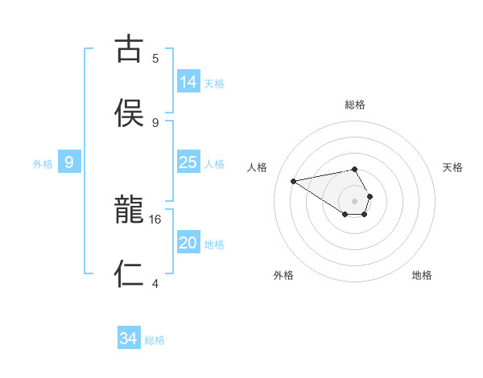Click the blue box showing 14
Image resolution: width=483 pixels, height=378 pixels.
[x=188, y=82]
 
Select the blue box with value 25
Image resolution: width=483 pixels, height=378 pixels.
[x=188, y=163]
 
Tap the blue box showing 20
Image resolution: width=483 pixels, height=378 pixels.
[x=188, y=244]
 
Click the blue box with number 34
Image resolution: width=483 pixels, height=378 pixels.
[x=129, y=339]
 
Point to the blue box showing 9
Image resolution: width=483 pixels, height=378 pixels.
[x=69, y=163]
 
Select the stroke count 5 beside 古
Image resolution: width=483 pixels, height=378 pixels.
[x=155, y=58]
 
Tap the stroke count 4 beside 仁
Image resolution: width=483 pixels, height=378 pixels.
[x=155, y=283]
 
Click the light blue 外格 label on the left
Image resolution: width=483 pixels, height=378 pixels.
[x=43, y=164]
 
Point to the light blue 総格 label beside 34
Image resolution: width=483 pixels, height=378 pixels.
[x=155, y=340]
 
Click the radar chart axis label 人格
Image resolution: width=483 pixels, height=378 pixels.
[x=258, y=167]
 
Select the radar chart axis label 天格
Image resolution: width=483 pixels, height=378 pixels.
[x=452, y=167]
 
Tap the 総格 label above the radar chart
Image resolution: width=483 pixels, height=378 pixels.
[x=355, y=105]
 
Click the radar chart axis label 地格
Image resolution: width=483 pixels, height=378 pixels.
[x=422, y=275]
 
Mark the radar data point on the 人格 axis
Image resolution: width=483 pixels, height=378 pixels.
[x=294, y=180]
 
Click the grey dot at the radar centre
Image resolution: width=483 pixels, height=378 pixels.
[x=355, y=200]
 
